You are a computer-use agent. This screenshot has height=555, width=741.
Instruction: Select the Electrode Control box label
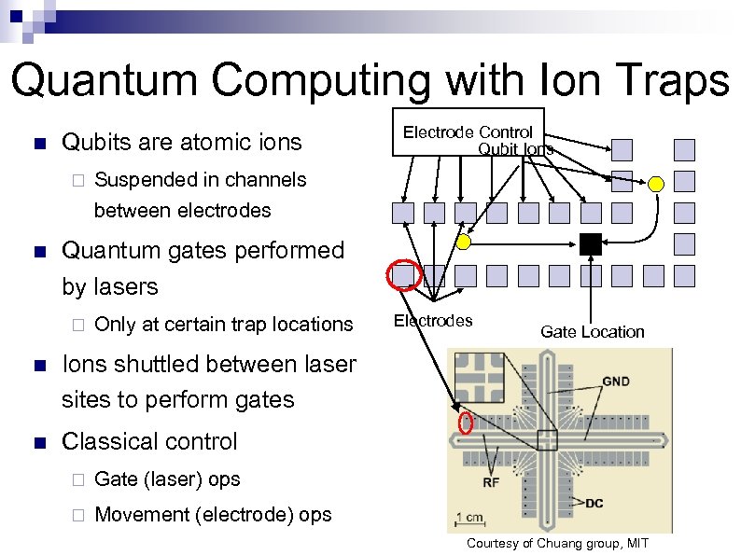pyautogui.click(x=468, y=132)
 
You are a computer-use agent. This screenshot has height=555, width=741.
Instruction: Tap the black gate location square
pyautogui.click(x=590, y=244)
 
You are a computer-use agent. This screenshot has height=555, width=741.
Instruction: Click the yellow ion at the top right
pyautogui.click(x=656, y=184)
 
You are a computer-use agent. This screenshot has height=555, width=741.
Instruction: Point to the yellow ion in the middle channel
pyautogui.click(x=464, y=243)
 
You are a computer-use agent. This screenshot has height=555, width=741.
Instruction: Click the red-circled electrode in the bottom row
pyautogui.click(x=404, y=275)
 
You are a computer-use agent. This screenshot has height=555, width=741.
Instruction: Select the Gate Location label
pyautogui.click(x=592, y=331)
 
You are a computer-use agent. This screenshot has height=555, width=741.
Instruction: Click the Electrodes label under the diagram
pyautogui.click(x=433, y=321)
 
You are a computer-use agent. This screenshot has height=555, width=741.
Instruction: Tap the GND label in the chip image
pyautogui.click(x=615, y=382)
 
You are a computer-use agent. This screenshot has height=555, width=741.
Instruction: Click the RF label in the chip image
pyautogui.click(x=491, y=482)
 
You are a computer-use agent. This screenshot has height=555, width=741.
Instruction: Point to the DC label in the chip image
pyautogui.click(x=594, y=503)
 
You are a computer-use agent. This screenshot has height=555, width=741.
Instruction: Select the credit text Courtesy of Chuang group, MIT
pyautogui.click(x=557, y=544)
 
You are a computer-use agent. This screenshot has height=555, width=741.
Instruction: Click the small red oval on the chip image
pyautogui.click(x=467, y=423)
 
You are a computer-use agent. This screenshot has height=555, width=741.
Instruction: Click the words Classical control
pyautogui.click(x=149, y=441)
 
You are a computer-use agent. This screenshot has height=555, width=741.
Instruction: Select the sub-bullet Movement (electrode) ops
pyautogui.click(x=213, y=514)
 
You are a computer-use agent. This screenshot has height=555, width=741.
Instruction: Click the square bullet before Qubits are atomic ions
pyautogui.click(x=37, y=144)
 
